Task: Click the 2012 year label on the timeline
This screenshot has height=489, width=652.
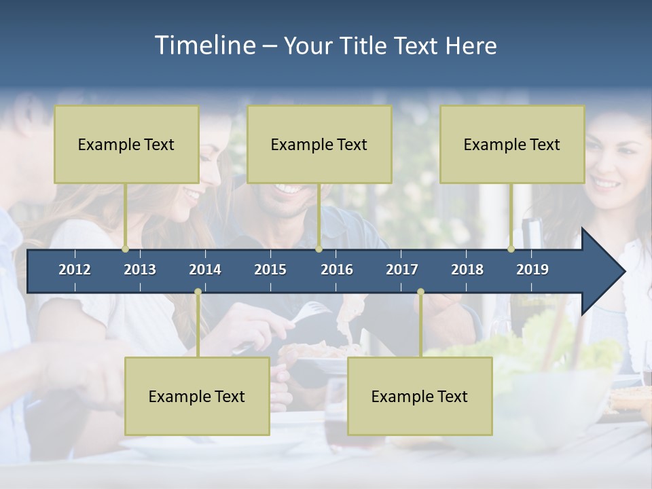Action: coord(75,270)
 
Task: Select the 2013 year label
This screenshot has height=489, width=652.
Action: coord(140,270)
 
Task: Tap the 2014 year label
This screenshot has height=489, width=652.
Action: coord(205,270)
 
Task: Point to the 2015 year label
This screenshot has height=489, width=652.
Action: coord(270,270)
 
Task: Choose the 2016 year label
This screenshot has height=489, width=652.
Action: coord(337,270)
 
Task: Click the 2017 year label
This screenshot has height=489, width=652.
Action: coord(402,270)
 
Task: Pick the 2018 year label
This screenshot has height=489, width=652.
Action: coord(467,270)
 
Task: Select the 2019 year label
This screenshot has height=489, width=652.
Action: coord(532,270)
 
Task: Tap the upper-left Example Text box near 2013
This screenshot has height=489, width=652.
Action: coord(126,144)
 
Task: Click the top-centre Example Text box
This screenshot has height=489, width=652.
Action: coord(319,144)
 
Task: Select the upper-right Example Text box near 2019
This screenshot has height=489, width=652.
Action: coord(512,144)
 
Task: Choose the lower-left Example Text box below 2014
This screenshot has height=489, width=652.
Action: coord(197,396)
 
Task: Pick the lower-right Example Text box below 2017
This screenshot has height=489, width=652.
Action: coord(420,396)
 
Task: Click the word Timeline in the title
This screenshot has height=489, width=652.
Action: coord(204,46)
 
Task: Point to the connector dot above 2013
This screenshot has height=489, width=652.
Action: coord(126,249)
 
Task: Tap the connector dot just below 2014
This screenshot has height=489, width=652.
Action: coord(198,292)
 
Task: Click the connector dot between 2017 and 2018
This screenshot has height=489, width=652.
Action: coord(420,292)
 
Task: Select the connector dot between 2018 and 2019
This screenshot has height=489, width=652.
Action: coord(511,249)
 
